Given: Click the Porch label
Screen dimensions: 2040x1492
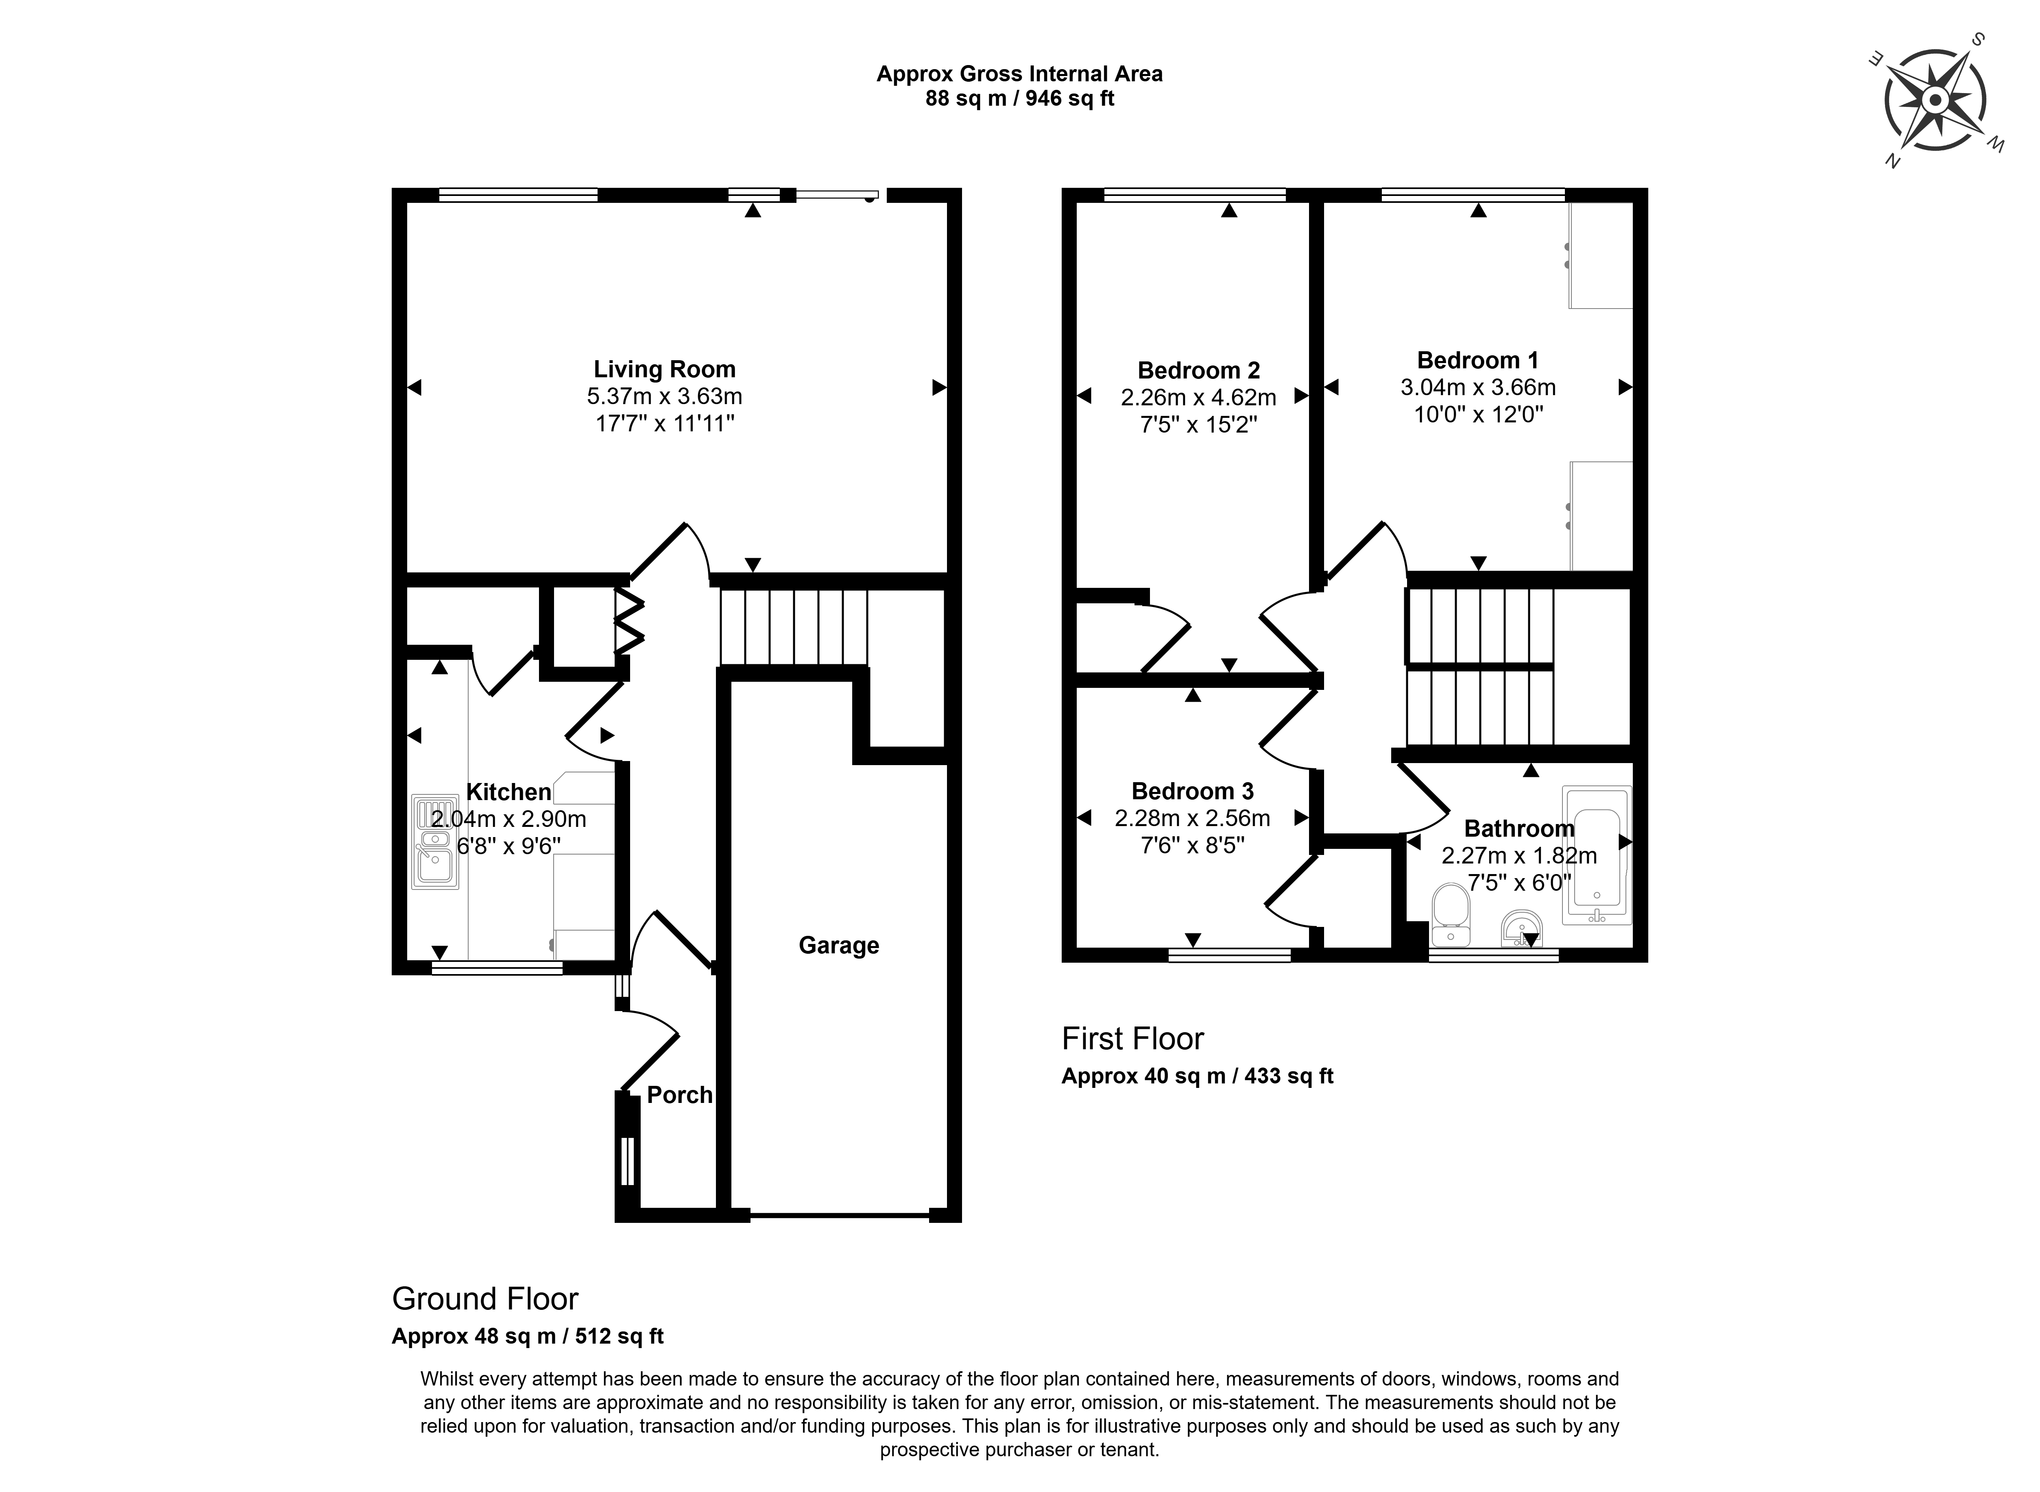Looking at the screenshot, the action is point(679,1095).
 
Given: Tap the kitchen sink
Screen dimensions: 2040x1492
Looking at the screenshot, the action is point(436,841).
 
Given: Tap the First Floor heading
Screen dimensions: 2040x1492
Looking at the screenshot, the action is point(1132,1039).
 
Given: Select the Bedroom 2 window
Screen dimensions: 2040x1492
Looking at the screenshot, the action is point(1194,194).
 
